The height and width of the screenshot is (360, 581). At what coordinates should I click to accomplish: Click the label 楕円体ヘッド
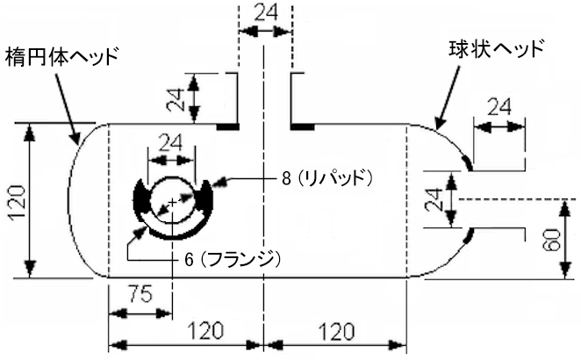tap(62, 56)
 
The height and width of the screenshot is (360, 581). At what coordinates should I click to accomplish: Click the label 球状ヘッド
tap(496, 48)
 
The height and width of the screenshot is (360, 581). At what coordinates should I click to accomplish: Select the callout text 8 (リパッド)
tap(326, 178)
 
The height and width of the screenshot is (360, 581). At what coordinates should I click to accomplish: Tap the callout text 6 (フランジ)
tap(233, 260)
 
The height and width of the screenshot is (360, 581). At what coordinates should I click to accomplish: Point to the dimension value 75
tap(140, 294)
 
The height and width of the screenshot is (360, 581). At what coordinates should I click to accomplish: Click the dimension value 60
tap(553, 240)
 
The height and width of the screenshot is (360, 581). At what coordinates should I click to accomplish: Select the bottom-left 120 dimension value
tap(205, 331)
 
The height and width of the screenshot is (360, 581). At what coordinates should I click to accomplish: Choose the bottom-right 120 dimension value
tap(336, 332)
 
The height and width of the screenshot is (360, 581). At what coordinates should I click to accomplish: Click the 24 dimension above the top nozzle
tap(266, 13)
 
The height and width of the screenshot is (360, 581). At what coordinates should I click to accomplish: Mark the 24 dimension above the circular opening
tap(170, 142)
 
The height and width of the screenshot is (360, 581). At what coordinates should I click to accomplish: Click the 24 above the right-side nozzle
tap(499, 107)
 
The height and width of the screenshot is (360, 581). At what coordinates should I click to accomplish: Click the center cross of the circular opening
tap(172, 203)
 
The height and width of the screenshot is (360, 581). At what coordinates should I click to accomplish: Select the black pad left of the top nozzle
tap(228, 127)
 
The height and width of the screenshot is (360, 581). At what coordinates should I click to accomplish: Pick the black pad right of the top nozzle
tap(303, 127)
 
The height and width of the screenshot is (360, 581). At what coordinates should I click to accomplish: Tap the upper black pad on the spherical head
tap(467, 163)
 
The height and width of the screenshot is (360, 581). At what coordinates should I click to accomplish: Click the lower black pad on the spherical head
tap(468, 236)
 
